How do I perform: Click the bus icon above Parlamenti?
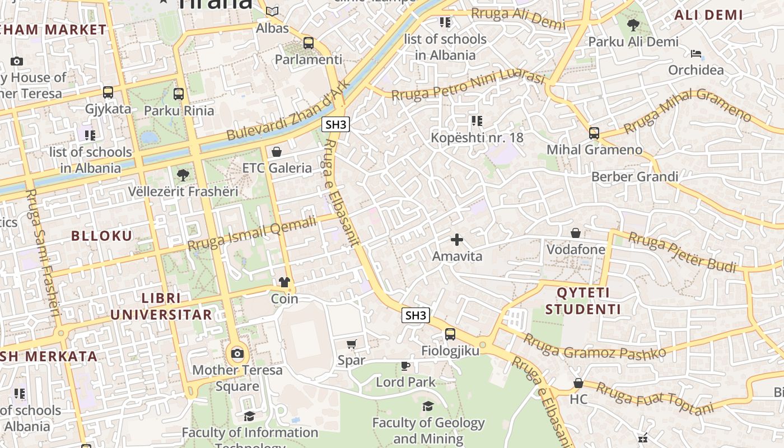(x=308, y=43)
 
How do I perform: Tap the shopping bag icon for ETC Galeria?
(x=276, y=151)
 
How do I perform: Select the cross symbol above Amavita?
(x=457, y=240)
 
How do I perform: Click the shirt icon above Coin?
(x=284, y=282)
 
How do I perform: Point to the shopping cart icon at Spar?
(x=351, y=344)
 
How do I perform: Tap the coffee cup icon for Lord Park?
(x=405, y=366)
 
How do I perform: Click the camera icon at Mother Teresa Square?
(x=237, y=353)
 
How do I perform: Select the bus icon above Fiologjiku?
(x=450, y=334)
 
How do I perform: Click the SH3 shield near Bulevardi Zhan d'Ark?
(x=335, y=124)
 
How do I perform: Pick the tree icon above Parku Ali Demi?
(x=633, y=25)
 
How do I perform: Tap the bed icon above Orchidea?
(x=696, y=54)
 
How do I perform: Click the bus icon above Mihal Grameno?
(x=594, y=133)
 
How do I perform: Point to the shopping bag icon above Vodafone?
(x=576, y=232)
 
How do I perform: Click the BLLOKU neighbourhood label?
(x=102, y=236)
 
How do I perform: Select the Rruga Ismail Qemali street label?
(x=252, y=234)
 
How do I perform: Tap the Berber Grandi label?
(x=634, y=177)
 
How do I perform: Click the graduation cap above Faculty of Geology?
(x=428, y=406)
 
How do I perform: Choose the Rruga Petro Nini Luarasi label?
(x=468, y=85)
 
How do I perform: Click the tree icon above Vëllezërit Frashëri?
(x=183, y=175)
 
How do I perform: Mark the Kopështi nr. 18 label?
(x=477, y=137)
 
